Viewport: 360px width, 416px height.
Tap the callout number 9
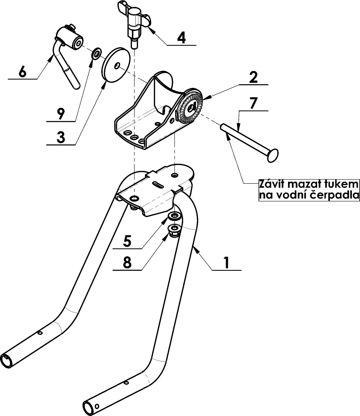click(61, 114)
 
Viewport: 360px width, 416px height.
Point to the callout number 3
click(61, 137)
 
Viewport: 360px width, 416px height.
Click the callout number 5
click(127, 241)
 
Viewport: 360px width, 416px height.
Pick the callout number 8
click(127, 262)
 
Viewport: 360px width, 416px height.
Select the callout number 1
click(227, 263)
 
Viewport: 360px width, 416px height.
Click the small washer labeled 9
click(96, 54)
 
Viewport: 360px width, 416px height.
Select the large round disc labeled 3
click(116, 65)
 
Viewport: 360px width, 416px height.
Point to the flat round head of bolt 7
click(273, 155)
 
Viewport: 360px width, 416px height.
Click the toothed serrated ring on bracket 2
click(190, 109)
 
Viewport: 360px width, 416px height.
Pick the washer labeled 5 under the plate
click(174, 216)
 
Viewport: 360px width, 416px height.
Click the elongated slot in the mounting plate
click(160, 184)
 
